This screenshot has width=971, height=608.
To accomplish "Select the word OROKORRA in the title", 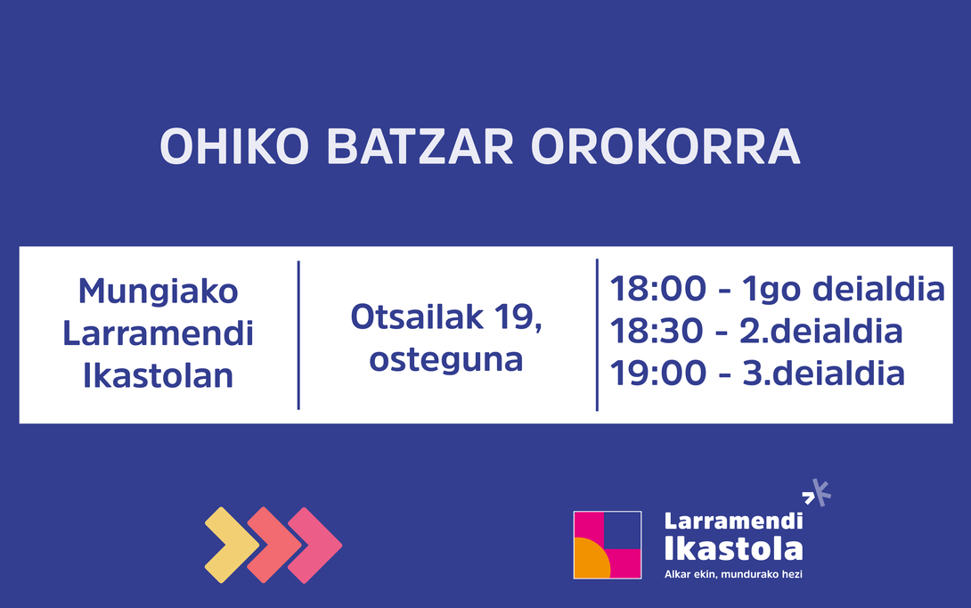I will click(x=665, y=148).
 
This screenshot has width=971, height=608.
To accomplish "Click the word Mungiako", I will click(x=159, y=292).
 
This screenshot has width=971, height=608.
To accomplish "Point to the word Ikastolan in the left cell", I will click(x=159, y=375).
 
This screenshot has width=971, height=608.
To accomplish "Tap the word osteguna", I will click(x=446, y=359).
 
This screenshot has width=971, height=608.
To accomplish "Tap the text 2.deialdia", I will click(x=821, y=332).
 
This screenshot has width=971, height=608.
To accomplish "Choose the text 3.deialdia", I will click(x=823, y=373).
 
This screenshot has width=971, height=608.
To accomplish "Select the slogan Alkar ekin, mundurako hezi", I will click(x=733, y=574).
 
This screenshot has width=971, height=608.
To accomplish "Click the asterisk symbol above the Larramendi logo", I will click(x=818, y=492).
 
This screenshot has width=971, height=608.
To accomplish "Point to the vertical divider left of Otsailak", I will click(x=298, y=335).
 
